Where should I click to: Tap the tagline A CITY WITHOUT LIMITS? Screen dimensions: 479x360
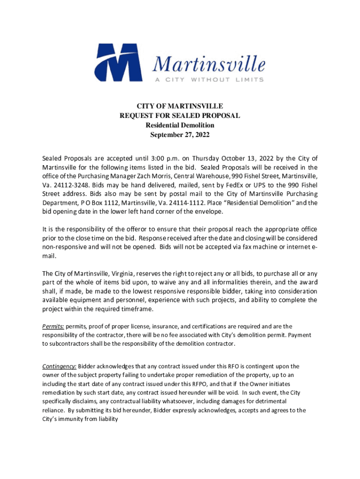click(x=209, y=80)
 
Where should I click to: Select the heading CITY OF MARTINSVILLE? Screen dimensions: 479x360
click(x=180, y=107)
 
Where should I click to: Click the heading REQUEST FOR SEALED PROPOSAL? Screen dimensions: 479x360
click(x=180, y=116)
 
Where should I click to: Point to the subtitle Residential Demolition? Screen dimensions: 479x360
click(x=180, y=125)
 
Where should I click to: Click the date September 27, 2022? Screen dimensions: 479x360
click(x=180, y=135)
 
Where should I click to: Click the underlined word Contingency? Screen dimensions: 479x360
click(x=59, y=366)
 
